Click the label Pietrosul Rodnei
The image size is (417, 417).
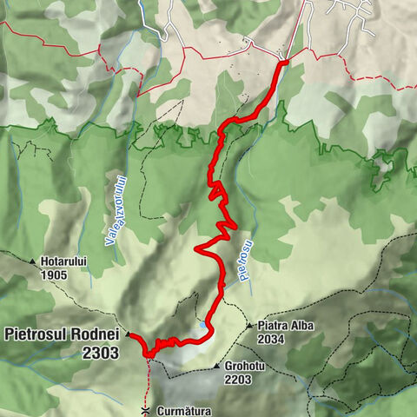[63, 333]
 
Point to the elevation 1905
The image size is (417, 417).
[53, 274]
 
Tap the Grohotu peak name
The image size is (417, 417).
[245, 367]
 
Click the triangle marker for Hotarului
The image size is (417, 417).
[33, 261]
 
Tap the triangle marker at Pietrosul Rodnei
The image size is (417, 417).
[128, 334]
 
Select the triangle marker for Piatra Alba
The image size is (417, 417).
[249, 326]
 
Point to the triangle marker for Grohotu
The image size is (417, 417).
[216, 367]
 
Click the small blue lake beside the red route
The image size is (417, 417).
[202, 325]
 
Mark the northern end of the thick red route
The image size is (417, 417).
[283, 62]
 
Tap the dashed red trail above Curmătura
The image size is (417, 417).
[148, 378]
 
